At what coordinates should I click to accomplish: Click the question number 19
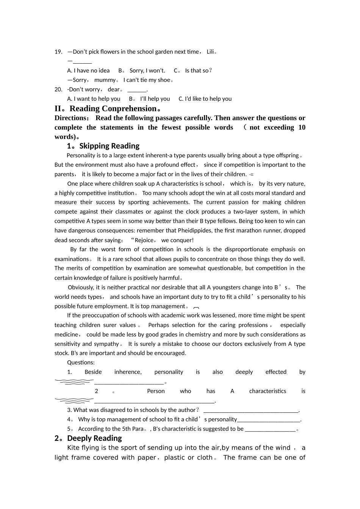[58, 52]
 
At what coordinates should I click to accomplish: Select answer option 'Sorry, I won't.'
[147, 70]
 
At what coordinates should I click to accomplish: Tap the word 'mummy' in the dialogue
[105, 80]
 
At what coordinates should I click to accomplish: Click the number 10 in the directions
[302, 128]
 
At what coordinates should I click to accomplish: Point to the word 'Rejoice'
[144, 240]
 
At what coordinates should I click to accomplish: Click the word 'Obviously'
[81, 287]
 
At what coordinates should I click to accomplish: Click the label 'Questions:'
[81, 362]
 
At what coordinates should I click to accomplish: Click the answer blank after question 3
[251, 410]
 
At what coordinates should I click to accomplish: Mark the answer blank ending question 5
[270, 429]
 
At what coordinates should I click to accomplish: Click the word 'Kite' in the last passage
[74, 448]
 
